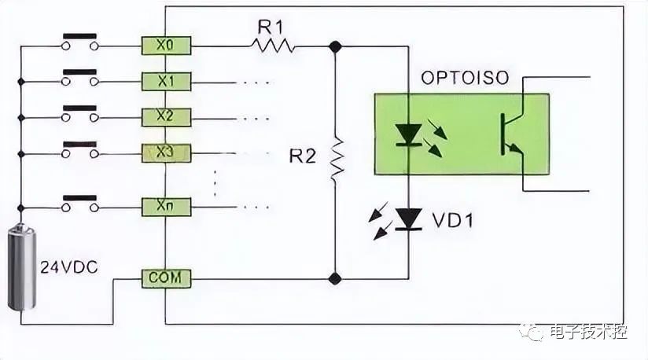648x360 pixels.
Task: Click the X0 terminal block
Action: (166, 46)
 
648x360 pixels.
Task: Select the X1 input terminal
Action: (166, 82)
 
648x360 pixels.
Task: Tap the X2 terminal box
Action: (166, 117)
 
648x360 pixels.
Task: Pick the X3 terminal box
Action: (166, 153)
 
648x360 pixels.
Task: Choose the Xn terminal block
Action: (166, 207)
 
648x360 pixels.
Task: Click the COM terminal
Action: (166, 279)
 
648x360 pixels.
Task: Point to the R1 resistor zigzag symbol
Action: (272, 45)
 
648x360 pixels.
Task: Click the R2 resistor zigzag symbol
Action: (337, 160)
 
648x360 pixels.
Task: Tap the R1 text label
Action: (271, 28)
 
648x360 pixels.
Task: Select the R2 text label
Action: (303, 156)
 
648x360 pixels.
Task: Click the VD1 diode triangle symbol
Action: (409, 219)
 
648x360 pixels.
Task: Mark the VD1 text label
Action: (452, 220)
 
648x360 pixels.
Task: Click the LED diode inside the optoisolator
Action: (409, 135)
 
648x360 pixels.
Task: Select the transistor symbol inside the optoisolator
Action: (513, 134)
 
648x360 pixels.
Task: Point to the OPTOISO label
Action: (465, 78)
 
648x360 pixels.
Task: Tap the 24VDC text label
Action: (69, 267)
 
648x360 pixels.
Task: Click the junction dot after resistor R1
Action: (335, 46)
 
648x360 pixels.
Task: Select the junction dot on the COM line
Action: (335, 279)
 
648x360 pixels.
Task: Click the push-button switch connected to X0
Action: (79, 42)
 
